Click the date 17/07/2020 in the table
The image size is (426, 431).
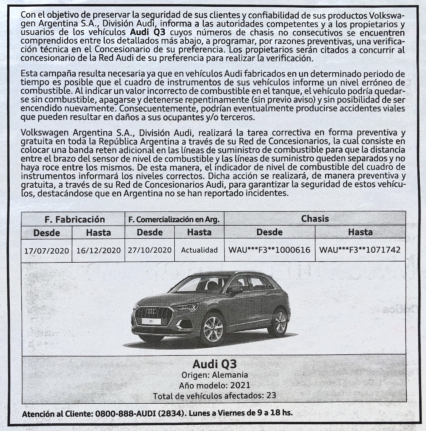coord(46,250)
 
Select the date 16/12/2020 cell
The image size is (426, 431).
coord(98,250)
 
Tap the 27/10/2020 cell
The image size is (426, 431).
coord(150,250)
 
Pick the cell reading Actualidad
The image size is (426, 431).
coord(199,250)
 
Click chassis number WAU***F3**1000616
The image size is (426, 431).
coord(269,250)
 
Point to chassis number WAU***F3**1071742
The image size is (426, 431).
coord(360,250)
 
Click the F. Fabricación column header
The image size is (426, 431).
coord(75,219)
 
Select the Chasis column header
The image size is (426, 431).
coord(315,218)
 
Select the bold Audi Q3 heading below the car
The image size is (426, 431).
coord(214,364)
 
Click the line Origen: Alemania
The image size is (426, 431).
coord(214,375)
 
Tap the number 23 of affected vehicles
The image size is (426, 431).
coord(271,396)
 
